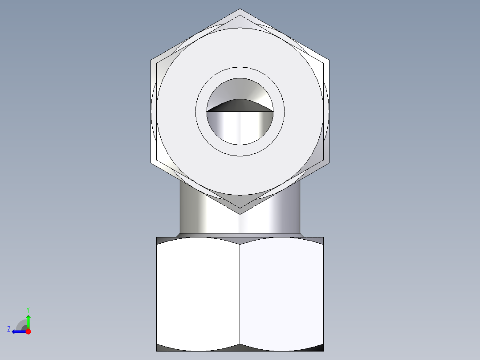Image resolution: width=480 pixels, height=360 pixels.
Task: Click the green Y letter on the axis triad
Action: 28,309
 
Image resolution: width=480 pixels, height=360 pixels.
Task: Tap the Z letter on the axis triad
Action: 9,329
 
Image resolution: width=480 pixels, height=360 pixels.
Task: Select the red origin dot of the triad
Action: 28,331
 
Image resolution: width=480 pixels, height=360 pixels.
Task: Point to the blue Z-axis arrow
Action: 18,331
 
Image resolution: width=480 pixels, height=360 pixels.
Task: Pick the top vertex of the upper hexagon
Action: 240,9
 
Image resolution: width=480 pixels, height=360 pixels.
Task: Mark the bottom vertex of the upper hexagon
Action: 240,214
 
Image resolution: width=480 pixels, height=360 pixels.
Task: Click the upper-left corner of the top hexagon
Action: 151,60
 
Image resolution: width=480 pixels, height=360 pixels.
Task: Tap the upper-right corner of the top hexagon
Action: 329,60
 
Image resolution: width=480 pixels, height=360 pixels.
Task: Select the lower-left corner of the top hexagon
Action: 151,163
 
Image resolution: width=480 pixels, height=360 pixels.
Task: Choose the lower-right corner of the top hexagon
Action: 329,163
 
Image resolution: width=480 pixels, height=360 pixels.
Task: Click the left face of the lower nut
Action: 198,294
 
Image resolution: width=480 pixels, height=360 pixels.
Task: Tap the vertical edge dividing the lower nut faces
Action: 240,294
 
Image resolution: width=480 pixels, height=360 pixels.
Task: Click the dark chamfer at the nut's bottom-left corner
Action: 163,348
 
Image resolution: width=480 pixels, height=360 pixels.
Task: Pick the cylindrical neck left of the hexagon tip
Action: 196,214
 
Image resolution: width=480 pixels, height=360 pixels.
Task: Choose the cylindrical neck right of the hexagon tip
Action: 285,214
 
